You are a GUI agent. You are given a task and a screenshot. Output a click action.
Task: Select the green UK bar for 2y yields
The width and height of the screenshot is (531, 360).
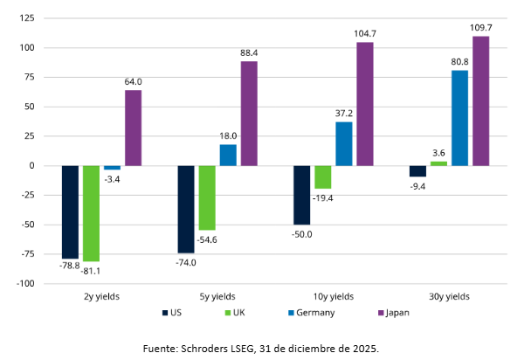point(91,213)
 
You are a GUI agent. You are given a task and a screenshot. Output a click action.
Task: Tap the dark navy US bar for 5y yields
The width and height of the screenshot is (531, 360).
point(186,209)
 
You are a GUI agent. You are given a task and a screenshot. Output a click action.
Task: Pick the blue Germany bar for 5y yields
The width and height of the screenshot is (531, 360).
point(228,155)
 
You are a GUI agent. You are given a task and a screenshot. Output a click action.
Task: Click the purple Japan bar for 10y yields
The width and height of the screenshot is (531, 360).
point(365,104)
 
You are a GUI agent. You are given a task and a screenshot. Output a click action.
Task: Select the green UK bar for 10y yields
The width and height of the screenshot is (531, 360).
point(323,177)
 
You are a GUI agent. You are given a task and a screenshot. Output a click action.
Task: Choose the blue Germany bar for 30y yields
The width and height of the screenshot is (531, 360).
point(459,118)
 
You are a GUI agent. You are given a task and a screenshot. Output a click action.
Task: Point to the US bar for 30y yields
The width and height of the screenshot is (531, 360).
point(417,171)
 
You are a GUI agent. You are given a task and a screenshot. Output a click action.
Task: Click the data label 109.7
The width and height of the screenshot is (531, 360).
point(481,28)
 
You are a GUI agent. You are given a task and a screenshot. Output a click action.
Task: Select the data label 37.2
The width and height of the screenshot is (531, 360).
point(344,114)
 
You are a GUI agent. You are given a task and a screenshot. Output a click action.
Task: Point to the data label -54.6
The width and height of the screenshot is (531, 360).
point(207,239)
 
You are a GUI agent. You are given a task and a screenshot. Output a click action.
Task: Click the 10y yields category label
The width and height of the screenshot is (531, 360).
point(333,295)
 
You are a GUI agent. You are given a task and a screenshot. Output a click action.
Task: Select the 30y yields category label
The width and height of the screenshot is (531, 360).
point(449,295)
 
